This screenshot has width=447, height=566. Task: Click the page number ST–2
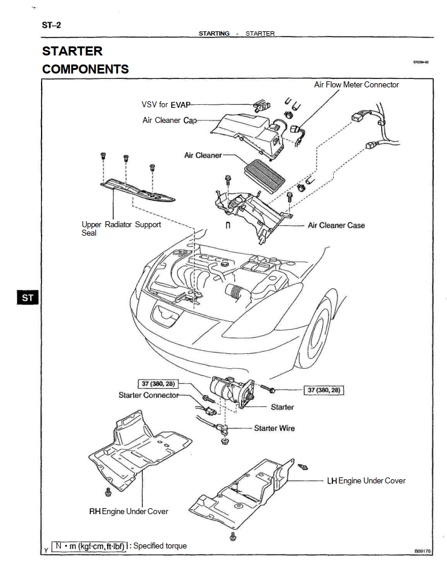(52, 25)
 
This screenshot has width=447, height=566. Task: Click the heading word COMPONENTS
(86, 69)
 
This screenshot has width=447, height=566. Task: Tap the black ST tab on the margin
(28, 297)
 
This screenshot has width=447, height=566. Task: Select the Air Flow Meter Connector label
(356, 85)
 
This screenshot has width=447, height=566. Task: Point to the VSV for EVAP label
(166, 105)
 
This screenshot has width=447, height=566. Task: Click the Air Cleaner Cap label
(169, 121)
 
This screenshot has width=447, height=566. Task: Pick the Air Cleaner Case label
(336, 225)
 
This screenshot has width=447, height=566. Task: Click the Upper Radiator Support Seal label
(121, 228)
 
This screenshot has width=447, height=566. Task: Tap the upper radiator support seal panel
(139, 190)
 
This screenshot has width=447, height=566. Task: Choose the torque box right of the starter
(324, 390)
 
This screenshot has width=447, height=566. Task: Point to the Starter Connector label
(148, 395)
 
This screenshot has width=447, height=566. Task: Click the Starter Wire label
(275, 428)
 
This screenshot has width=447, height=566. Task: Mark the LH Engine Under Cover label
(366, 480)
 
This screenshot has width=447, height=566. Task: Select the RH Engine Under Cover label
(129, 511)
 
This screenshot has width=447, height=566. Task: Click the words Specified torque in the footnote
(160, 546)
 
